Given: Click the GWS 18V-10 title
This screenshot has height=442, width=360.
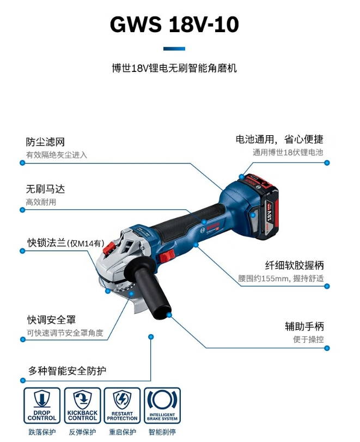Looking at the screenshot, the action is tap(174, 24).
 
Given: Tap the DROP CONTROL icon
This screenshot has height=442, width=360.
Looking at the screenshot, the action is tap(42, 405).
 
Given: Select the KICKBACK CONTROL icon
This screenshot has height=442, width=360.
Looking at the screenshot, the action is tap(82, 405).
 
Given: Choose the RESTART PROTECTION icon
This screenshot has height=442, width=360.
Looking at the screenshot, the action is tap(122, 405).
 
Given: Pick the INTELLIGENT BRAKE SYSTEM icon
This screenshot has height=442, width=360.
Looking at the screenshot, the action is tap(162, 405).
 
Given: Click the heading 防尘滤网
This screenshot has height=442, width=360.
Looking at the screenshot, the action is tap(45, 142).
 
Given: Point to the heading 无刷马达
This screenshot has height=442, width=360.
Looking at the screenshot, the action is tap(45, 189).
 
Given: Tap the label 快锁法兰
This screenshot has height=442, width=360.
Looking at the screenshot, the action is tap(46, 243).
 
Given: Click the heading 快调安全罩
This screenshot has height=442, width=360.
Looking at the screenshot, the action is tap(51, 320).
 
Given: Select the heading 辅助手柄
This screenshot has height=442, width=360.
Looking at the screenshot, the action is tap(304, 326).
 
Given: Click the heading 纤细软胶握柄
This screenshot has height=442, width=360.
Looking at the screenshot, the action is tap(294, 265).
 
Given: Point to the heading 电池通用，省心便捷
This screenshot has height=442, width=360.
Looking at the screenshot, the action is tap(279, 140).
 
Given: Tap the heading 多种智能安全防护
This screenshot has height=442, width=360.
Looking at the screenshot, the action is tap(67, 371).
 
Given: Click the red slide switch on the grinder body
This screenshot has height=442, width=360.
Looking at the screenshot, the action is tap(167, 256).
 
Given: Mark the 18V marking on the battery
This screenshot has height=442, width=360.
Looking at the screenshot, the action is tap(270, 214).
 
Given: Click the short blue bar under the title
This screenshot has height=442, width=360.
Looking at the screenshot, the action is tap(174, 49).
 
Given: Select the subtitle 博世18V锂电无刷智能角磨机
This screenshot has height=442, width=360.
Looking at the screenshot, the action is tap(174, 68).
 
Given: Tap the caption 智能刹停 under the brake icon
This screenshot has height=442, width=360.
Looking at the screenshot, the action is tap(162, 432).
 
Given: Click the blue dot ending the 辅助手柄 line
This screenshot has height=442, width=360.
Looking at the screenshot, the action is tap(327, 348).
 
